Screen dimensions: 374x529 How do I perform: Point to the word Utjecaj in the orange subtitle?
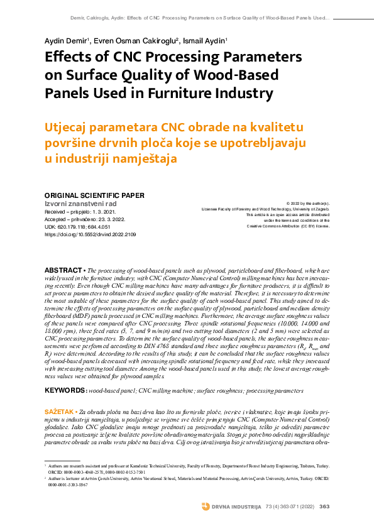[69, 128]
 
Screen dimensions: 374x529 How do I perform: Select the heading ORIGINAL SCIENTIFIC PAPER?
[94, 195]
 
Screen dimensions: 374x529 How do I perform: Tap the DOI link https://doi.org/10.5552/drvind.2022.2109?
[90, 234]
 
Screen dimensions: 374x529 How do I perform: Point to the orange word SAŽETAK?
[59, 410]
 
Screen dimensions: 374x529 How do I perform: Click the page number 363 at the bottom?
[324, 506]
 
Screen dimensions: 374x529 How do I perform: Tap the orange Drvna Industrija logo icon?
[206, 506]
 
